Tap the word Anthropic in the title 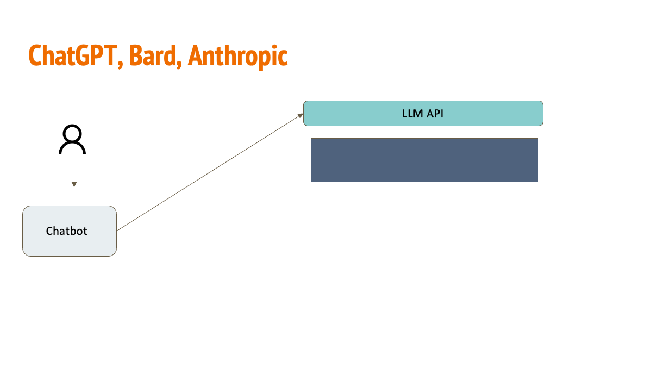238,55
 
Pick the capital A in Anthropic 195,55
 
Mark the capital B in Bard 136,55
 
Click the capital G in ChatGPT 82,55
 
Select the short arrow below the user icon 74,177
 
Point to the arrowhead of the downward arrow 74,184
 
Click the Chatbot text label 67,231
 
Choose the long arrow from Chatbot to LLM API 209,172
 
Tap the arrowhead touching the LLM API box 300,115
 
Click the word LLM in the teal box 412,114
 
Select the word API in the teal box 434,114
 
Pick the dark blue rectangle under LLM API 424,160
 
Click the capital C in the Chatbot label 49,231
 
